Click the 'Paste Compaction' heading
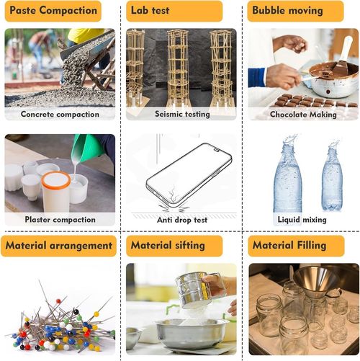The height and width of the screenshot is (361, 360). (x=53, y=11)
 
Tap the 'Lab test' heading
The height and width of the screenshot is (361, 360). (x=150, y=11)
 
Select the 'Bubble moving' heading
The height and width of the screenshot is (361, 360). (x=287, y=11)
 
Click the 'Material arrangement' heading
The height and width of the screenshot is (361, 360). (x=59, y=246)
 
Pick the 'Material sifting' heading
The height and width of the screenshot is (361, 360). (x=168, y=246)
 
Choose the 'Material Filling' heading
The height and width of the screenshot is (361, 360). (x=289, y=246)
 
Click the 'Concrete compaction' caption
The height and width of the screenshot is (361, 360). (x=60, y=115)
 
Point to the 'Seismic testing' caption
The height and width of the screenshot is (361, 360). (x=182, y=114)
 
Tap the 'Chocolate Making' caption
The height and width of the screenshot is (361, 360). (x=303, y=115)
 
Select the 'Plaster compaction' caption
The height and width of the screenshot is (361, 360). (x=60, y=220)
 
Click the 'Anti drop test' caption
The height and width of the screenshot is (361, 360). (x=182, y=220)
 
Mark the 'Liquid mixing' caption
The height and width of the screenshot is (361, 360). (x=302, y=220)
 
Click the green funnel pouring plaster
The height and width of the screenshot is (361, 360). (x=89, y=146)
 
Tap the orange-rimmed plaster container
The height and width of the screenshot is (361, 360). (x=56, y=191)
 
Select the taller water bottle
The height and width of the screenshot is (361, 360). (x=287, y=174)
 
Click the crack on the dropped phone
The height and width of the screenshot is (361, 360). (x=174, y=194)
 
